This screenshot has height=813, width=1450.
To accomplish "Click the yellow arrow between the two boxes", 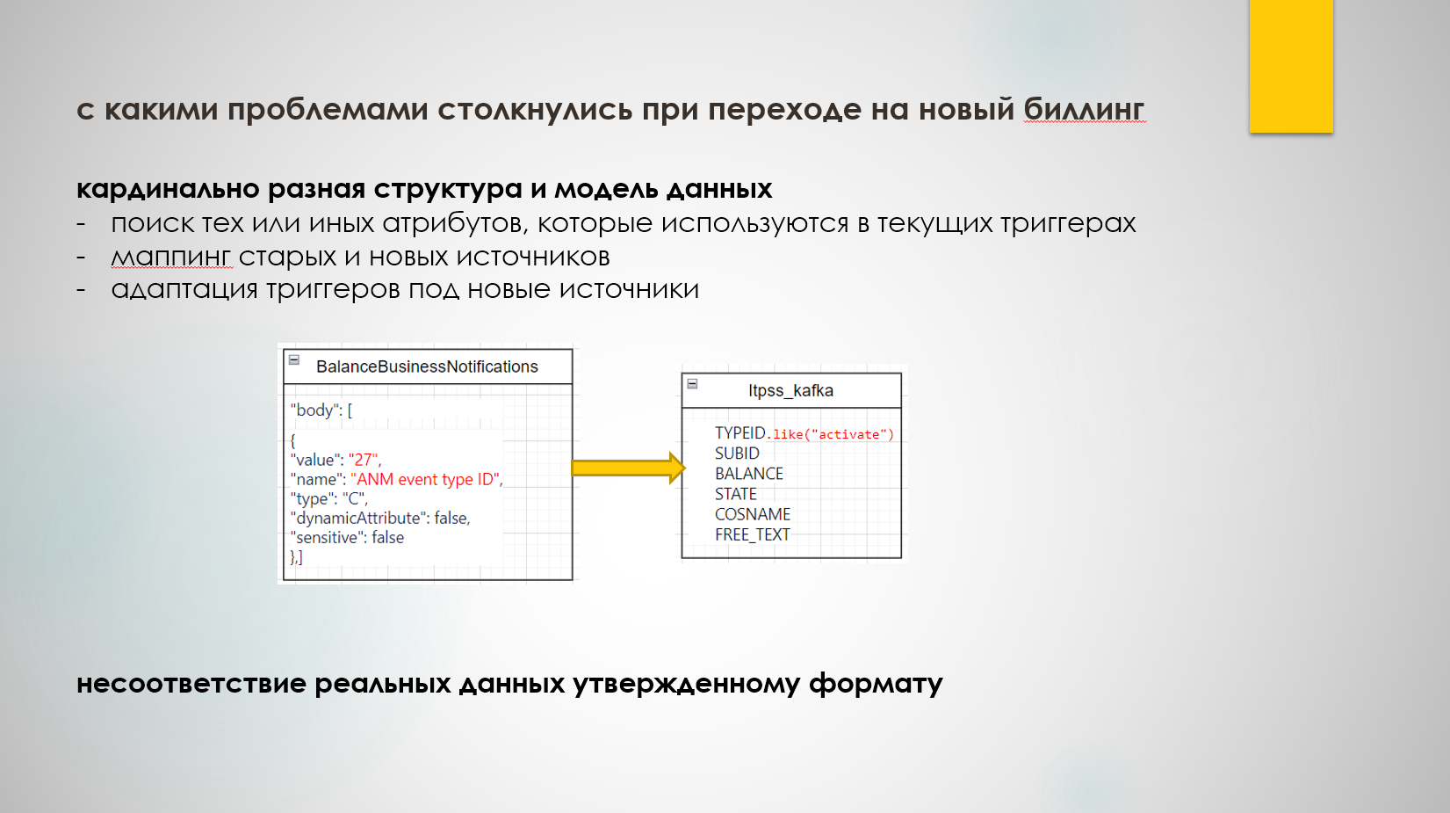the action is pyautogui.click(x=628, y=468).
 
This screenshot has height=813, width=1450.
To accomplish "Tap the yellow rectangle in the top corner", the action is pyautogui.click(x=1291, y=66).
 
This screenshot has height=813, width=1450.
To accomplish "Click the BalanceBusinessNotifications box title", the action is pyautogui.click(x=427, y=367).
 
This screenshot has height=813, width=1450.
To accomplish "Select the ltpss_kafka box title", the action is pyautogui.click(x=790, y=390).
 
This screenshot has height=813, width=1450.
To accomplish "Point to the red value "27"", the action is pyautogui.click(x=363, y=460).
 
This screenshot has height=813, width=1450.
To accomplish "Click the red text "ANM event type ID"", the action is pyautogui.click(x=425, y=479).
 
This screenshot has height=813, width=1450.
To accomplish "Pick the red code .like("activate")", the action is pyautogui.click(x=831, y=435).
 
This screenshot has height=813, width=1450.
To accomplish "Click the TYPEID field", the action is pyautogui.click(x=739, y=432).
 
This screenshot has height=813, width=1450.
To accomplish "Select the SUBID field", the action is pyautogui.click(x=737, y=454).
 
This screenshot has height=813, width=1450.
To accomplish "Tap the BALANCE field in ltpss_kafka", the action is pyautogui.click(x=749, y=474).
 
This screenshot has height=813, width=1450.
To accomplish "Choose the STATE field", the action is pyautogui.click(x=735, y=494).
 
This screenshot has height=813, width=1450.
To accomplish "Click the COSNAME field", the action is pyautogui.click(x=752, y=514).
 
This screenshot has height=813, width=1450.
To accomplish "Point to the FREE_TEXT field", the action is pyautogui.click(x=752, y=534).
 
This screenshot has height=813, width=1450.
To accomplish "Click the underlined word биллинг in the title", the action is pyautogui.click(x=1085, y=109).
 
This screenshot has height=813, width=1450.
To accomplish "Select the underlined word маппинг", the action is pyautogui.click(x=171, y=258).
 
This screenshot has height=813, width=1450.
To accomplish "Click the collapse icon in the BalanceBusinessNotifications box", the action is pyautogui.click(x=294, y=359).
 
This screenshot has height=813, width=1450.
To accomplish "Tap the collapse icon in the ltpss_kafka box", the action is pyautogui.click(x=692, y=383).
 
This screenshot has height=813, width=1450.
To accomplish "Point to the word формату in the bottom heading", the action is pyautogui.click(x=876, y=684).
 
